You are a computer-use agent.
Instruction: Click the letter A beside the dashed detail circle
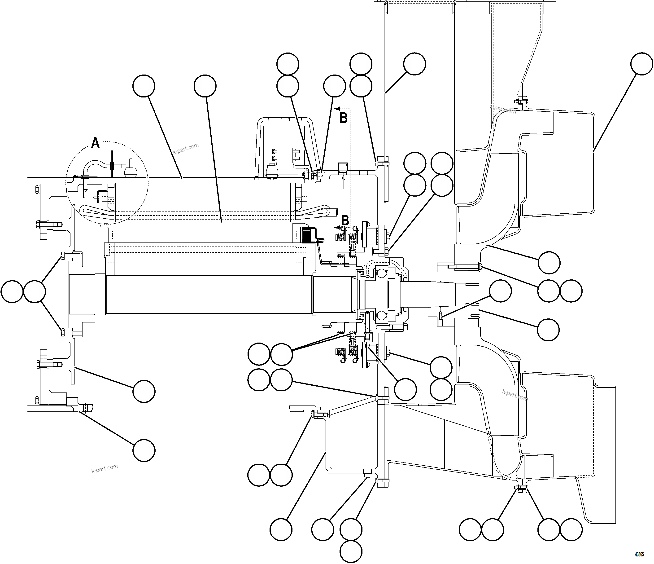pyautogui.click(x=95, y=143)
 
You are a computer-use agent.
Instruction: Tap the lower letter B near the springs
pyautogui.click(x=345, y=220)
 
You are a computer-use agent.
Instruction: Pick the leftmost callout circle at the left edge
pyautogui.click(x=12, y=291)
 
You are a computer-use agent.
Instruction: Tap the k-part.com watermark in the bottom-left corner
pyautogui.click(x=105, y=468)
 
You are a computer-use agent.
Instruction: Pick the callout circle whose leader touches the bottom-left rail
pyautogui.click(x=144, y=450)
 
